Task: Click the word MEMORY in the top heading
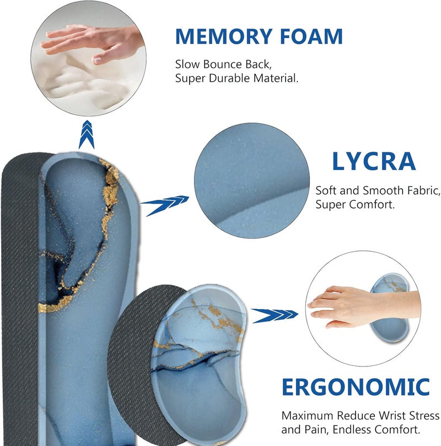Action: click(x=224, y=36)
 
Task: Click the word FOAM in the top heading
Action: click(x=311, y=36)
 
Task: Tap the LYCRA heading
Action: click(x=374, y=161)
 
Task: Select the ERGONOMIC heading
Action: click(x=356, y=387)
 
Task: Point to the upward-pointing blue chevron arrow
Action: click(x=87, y=134)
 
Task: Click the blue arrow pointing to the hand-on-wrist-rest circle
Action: click(x=275, y=315)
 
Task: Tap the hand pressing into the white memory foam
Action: click(x=91, y=41)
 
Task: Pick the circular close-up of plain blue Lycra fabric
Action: click(x=252, y=180)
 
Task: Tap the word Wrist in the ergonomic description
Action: click(x=392, y=416)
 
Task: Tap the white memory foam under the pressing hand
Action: click(x=85, y=82)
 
